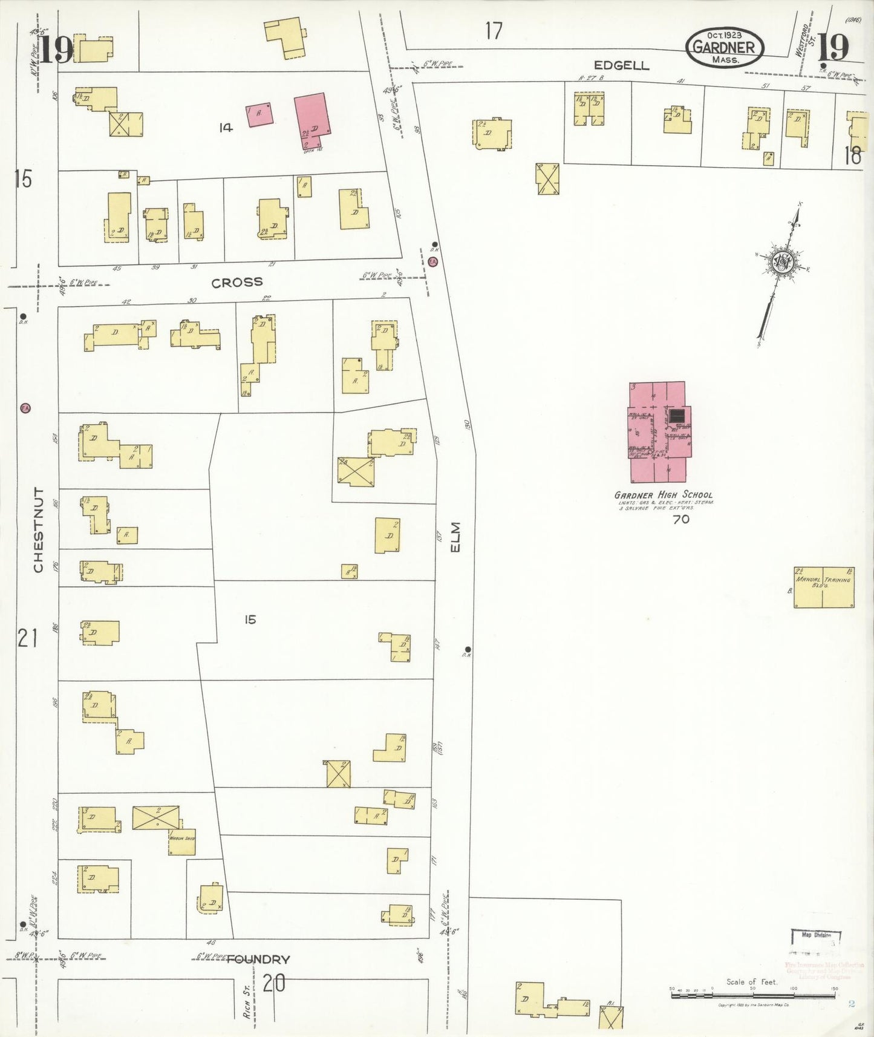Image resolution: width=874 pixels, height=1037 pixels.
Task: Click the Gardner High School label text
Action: tap(664, 494)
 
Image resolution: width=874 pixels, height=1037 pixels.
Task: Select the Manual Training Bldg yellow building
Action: tap(824, 587)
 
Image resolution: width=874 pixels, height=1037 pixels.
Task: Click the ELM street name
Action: tap(455, 537)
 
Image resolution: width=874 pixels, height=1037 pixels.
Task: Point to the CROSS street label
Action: tap(237, 282)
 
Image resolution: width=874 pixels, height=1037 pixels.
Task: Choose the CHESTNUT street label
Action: tap(39, 530)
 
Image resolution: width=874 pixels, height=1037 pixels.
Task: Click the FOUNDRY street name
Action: tap(258, 959)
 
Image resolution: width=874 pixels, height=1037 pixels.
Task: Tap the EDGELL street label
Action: tap(621, 65)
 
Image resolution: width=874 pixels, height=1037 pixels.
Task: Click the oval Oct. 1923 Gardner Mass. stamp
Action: tap(725, 47)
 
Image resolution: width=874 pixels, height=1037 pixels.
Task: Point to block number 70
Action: tap(681, 519)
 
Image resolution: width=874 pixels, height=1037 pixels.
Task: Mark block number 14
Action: tap(226, 128)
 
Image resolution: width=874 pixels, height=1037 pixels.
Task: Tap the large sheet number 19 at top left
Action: tap(55, 49)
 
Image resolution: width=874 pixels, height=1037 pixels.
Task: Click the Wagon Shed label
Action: tap(181, 839)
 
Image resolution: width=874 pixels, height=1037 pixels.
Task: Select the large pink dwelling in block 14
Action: tap(312, 120)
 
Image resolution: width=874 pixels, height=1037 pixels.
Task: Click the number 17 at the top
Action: tap(494, 30)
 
